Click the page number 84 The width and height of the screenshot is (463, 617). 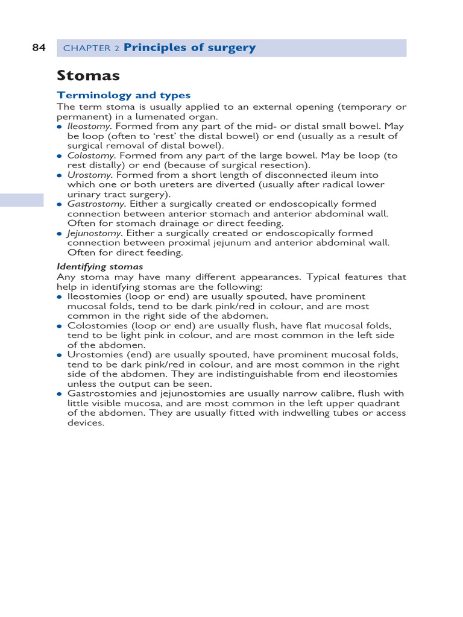(x=39, y=48)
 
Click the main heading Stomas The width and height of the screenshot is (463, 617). (x=88, y=76)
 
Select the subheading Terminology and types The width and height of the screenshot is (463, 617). (x=124, y=95)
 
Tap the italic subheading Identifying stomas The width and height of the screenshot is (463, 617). (x=100, y=266)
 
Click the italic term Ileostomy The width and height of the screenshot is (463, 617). (x=89, y=127)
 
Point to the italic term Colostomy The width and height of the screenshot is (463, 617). (x=90, y=155)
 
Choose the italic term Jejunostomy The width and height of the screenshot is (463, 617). (x=94, y=233)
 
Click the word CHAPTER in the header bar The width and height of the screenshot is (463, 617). (x=87, y=49)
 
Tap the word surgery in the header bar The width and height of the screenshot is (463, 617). (x=233, y=48)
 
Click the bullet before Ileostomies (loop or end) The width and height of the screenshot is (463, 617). (x=60, y=297)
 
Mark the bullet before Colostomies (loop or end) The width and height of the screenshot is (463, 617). (x=60, y=326)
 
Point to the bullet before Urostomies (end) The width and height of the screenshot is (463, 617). (x=60, y=355)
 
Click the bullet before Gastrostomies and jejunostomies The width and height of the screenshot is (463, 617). (x=60, y=394)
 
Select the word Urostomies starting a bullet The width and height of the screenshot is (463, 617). (x=92, y=355)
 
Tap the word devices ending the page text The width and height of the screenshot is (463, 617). (x=84, y=423)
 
